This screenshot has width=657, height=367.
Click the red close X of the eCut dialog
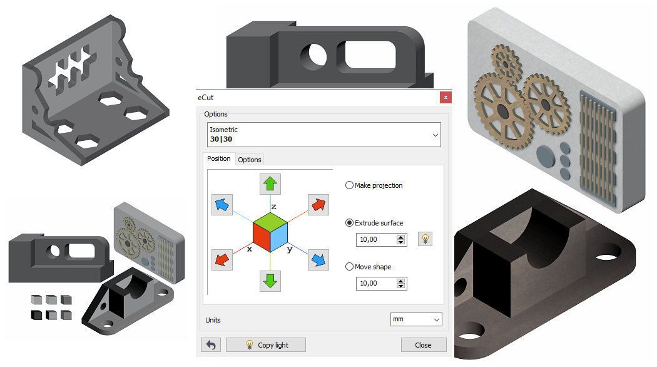pyautogui.click(x=446, y=97)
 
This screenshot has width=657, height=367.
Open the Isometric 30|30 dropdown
pyautogui.click(x=324, y=135)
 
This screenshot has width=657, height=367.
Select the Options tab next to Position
pyautogui.click(x=249, y=159)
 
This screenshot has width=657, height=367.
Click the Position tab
pyautogui.click(x=219, y=158)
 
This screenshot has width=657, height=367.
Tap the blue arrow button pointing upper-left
pyautogui.click(x=222, y=205)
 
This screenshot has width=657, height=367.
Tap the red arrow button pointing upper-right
pyautogui.click(x=318, y=205)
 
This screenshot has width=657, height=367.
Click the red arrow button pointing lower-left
pyautogui.click(x=222, y=260)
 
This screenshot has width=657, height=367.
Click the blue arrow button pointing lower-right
pyautogui.click(x=318, y=260)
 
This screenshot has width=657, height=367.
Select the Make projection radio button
pyautogui.click(x=349, y=185)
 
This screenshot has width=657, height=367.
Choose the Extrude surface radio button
pyautogui.click(x=349, y=223)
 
